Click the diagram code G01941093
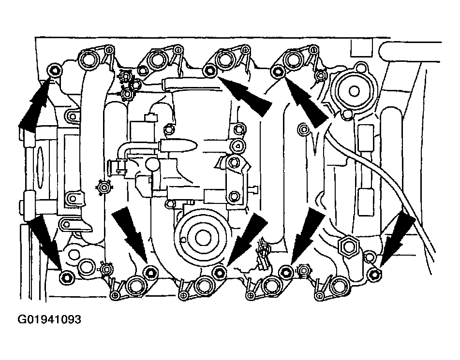(x=49, y=319)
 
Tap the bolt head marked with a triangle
(x=237, y=145)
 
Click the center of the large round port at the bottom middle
(x=202, y=237)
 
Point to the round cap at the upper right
(x=354, y=91)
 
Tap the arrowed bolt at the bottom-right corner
(x=375, y=274)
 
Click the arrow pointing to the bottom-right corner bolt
(x=396, y=239)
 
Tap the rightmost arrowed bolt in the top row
(x=277, y=71)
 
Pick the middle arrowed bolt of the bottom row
(x=218, y=272)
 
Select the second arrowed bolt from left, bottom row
(x=150, y=273)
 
